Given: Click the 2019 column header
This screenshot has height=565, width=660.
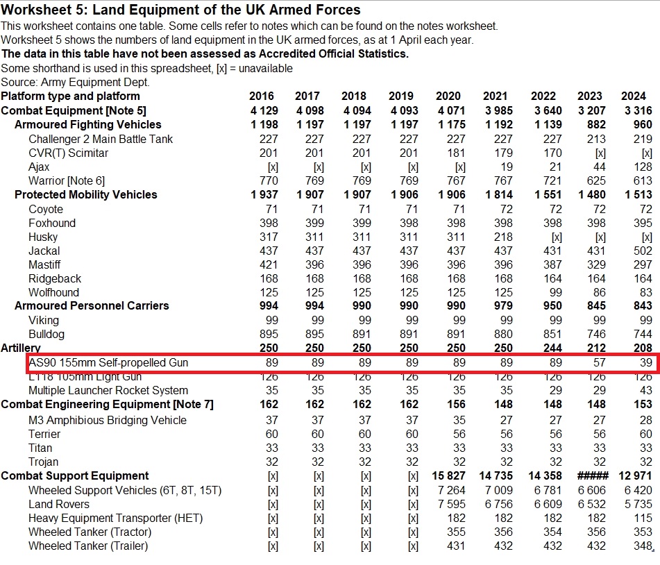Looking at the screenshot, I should click(401, 96).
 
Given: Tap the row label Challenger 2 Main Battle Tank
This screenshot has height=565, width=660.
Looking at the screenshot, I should click(101, 139).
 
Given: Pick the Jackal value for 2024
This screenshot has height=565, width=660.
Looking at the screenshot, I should click(643, 251).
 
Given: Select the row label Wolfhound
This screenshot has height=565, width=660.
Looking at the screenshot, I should click(53, 293).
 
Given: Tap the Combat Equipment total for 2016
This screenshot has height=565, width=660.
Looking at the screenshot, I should click(264, 111).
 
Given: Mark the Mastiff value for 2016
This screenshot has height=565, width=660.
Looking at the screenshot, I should click(268, 265).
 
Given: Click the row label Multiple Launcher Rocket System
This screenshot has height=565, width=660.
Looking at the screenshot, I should click(108, 391).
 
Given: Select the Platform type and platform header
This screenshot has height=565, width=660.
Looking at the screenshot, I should click(71, 96).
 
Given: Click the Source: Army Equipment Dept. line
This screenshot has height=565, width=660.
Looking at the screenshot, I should click(76, 82).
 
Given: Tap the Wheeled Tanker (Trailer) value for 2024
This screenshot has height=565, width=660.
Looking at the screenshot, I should click(643, 546).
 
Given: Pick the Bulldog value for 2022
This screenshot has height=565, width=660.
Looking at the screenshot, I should click(548, 335).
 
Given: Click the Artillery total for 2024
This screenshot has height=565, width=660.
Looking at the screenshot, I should click(643, 348).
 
